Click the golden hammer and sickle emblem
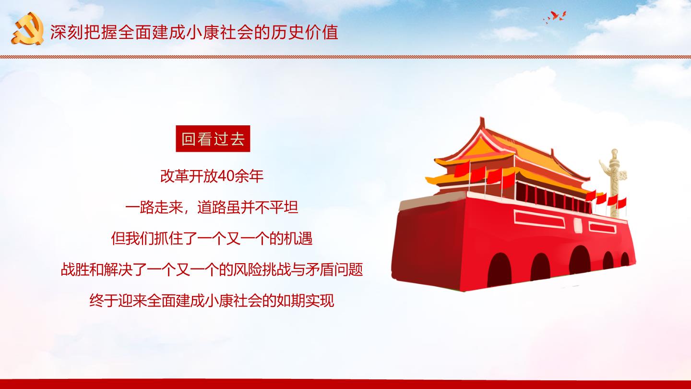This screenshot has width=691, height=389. [x=28, y=28]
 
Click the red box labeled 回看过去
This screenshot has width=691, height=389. [x=213, y=139]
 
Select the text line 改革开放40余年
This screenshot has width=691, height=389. [x=212, y=176]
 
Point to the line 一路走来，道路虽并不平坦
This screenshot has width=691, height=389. [x=212, y=207]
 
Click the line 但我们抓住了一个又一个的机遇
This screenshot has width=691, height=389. [x=212, y=238]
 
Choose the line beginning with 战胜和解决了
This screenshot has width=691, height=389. [x=212, y=269]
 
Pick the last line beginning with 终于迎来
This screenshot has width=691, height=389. [x=212, y=301]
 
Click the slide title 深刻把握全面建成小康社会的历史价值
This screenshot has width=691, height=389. [x=194, y=32]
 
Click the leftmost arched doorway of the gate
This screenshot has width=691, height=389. [x=499, y=269]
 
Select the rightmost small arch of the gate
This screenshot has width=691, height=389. [x=625, y=259]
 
